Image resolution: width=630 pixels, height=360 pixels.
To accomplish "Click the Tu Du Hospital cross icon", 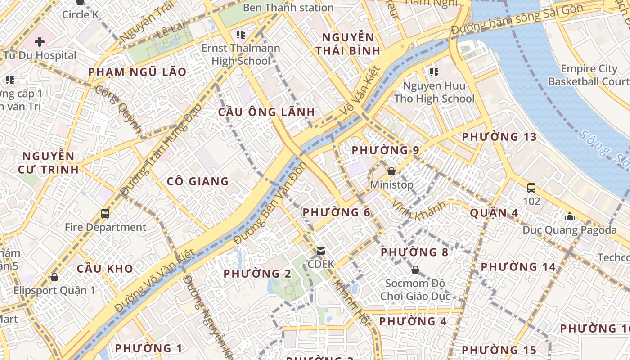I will (40, 42).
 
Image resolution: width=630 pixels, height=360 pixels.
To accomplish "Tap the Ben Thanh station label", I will (288, 8).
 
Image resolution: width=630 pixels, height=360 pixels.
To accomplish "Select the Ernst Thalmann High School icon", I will (241, 34).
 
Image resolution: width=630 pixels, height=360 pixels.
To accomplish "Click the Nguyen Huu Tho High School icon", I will (434, 72).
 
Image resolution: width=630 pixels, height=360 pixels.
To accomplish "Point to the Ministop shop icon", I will (391, 171).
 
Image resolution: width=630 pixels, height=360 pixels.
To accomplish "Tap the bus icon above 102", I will (531, 188).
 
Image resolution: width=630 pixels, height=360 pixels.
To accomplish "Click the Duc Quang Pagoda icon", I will (570, 216).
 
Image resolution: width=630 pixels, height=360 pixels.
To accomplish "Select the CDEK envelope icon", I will (321, 251).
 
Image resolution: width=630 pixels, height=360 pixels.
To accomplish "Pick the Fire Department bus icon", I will (105, 214).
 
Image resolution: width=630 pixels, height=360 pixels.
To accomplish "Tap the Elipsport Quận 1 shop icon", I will (54, 277).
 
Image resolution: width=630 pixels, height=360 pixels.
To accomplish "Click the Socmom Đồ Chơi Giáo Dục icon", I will (415, 270).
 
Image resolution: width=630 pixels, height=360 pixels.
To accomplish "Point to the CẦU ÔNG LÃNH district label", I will (267, 112).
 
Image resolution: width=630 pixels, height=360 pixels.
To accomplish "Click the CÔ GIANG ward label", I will (198, 181).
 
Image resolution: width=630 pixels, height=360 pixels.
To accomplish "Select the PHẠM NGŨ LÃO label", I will (137, 72).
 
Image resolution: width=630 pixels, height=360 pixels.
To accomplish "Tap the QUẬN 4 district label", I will (494, 213).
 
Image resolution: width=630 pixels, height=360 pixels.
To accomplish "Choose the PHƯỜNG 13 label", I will (499, 137).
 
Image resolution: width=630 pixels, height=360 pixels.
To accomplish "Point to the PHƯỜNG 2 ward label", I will (257, 274).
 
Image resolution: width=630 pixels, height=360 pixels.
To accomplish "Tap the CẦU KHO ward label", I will (105, 269).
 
